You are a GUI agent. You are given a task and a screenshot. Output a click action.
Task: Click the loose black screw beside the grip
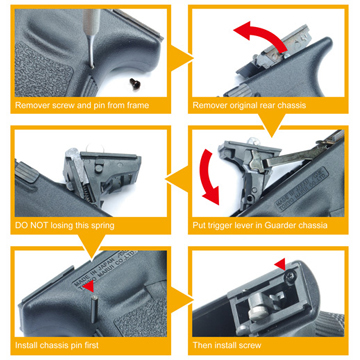(x=135, y=81)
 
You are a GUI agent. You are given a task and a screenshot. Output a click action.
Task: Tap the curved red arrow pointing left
(x=260, y=32)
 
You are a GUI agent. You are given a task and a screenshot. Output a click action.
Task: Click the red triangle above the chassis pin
(x=88, y=287)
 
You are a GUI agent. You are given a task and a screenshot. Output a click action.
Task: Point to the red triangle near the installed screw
(x=280, y=265)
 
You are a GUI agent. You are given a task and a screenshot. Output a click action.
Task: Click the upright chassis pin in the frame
(x=94, y=310)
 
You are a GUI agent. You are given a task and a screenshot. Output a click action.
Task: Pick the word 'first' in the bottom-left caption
(x=90, y=345)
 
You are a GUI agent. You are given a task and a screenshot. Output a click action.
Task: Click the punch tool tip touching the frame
(x=91, y=67)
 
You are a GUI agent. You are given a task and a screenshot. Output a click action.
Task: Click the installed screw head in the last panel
(x=291, y=275)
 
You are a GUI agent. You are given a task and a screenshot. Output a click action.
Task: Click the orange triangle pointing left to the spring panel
(x=178, y=180)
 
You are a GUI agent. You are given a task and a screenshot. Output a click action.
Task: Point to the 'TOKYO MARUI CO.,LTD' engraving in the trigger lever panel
(x=303, y=188)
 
